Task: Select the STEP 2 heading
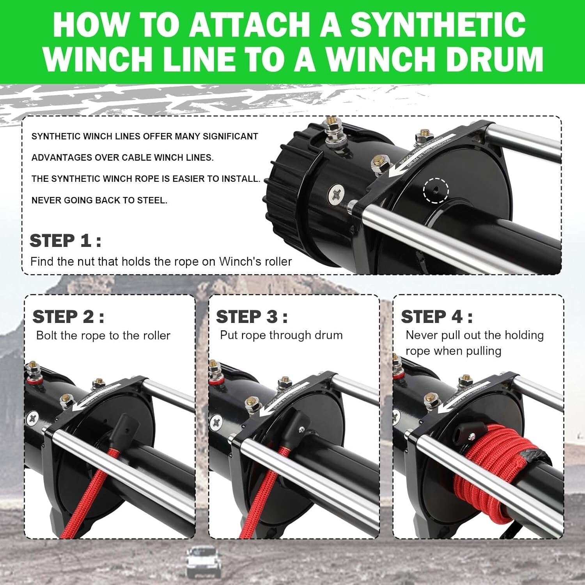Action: coord(68,317)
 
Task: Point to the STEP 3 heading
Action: coord(252,317)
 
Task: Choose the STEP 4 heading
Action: coord(437,317)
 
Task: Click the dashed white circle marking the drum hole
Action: coord(436,190)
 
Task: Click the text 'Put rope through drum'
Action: coord(281,335)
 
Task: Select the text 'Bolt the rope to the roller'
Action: coord(103,335)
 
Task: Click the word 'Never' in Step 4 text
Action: coord(421,335)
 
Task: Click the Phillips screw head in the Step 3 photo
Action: coord(216,422)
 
